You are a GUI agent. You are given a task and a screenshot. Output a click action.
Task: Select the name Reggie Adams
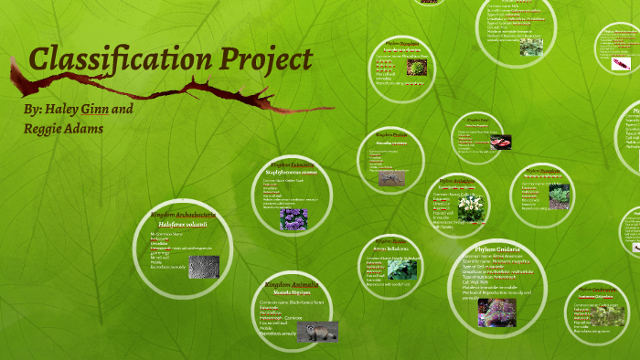coord(63,129)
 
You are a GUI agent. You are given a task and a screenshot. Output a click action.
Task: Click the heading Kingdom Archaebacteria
coord(184,215)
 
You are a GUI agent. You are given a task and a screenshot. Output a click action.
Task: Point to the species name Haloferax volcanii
coord(183,224)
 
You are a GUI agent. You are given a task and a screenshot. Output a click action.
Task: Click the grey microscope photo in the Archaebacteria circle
coord(203,266)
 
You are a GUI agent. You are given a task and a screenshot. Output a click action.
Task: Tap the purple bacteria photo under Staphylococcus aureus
coord(293,218)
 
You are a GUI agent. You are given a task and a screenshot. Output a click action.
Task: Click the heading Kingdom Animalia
coord(291,285)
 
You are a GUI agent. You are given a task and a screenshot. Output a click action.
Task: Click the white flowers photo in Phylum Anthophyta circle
coord(471,208)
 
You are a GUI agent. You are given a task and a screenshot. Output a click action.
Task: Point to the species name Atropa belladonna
coord(391,249)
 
